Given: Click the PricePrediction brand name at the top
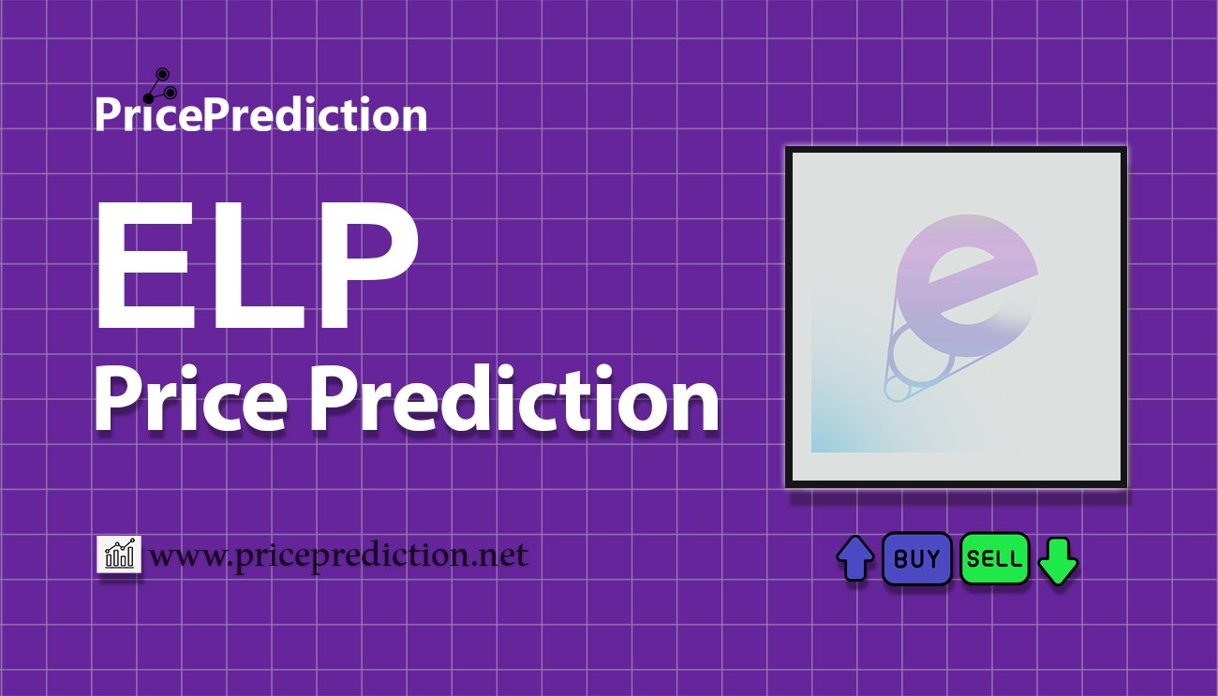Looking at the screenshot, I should click(x=260, y=115).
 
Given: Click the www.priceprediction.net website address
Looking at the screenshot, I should click(x=338, y=556).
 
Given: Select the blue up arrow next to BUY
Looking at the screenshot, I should click(x=854, y=559).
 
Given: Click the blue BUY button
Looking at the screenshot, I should click(x=916, y=559).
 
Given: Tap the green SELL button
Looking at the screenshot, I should click(x=994, y=559).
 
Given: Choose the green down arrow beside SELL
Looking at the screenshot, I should click(x=1059, y=560).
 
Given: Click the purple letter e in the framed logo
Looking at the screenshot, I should click(x=965, y=281).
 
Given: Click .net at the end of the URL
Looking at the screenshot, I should click(x=502, y=556).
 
